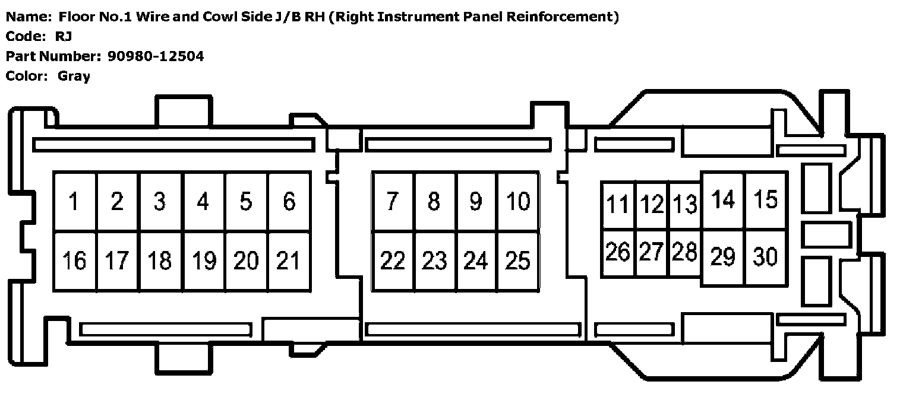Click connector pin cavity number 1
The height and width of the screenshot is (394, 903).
[x=75, y=202]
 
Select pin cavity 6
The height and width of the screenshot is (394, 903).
[x=289, y=202]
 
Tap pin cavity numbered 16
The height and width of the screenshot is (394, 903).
[x=75, y=260]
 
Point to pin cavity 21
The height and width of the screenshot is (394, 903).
[x=289, y=260]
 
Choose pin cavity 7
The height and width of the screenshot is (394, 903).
[x=393, y=202]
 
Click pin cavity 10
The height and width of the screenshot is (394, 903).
[x=519, y=202]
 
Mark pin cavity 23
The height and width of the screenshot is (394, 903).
[x=435, y=260]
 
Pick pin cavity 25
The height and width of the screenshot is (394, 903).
[x=519, y=260]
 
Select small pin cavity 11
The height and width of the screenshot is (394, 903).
[x=618, y=205]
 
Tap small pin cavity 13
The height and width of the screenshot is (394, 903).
[x=685, y=205]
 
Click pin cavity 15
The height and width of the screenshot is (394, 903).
[x=766, y=200]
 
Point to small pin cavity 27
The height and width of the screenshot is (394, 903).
[x=652, y=253]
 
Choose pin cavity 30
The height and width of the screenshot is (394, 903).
[x=766, y=256]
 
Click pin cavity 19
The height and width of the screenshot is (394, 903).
[x=204, y=260]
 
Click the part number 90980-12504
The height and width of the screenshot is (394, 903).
[x=156, y=56]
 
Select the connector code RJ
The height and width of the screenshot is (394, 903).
[x=64, y=36]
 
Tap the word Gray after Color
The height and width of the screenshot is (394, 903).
[x=74, y=76]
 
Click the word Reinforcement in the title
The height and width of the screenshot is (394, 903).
[x=558, y=17]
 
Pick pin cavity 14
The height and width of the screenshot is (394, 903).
[x=723, y=200]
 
